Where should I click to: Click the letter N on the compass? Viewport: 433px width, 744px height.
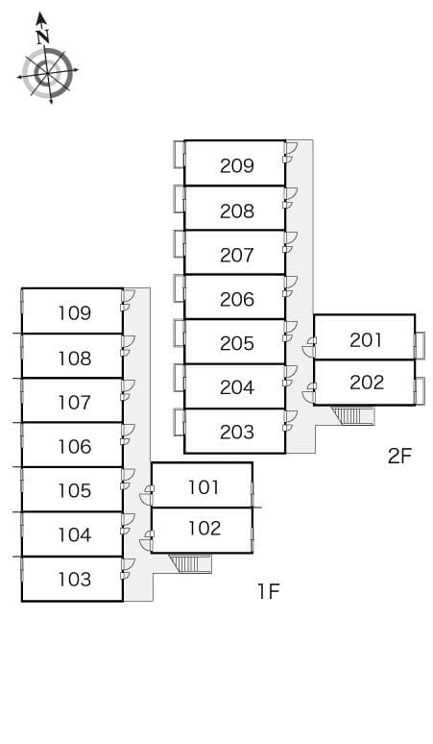43,37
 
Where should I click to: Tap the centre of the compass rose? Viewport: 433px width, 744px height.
47,74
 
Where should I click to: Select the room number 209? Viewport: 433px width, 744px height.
237,165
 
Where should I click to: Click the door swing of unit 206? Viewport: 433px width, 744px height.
290,283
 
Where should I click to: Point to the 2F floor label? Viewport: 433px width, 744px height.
399,456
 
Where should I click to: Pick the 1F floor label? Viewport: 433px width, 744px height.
269,591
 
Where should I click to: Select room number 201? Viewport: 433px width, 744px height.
366,339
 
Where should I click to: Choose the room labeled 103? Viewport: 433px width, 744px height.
74,580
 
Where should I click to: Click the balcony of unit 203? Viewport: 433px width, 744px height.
180,422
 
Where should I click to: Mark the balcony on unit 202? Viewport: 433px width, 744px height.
420,391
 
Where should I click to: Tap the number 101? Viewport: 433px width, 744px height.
204,487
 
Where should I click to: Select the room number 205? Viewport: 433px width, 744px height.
237,343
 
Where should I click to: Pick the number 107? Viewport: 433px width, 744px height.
74,403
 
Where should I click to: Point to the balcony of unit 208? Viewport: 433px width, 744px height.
180,199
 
